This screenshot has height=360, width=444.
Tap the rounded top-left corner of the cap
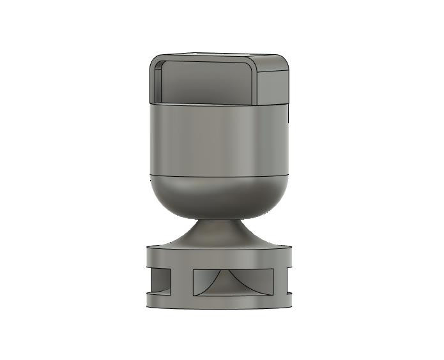[x=155, y=61]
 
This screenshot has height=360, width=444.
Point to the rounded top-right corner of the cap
[x=286, y=61]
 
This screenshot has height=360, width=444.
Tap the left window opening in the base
[x=159, y=281]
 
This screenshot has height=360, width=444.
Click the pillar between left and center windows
[x=181, y=281]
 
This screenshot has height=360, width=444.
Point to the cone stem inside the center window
[x=233, y=281]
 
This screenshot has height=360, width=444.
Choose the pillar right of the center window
[x=280, y=281]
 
